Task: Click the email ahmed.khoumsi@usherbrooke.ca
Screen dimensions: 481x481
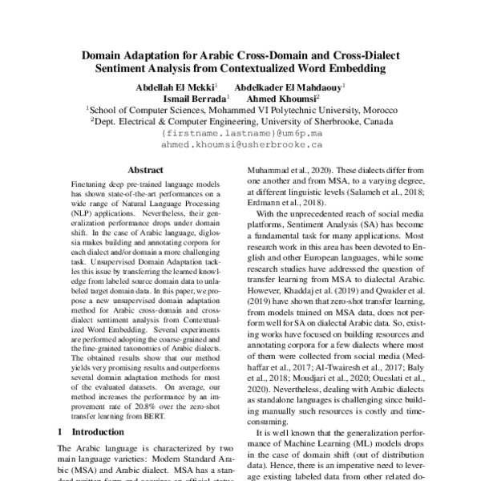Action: pyautogui.click(x=241, y=146)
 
